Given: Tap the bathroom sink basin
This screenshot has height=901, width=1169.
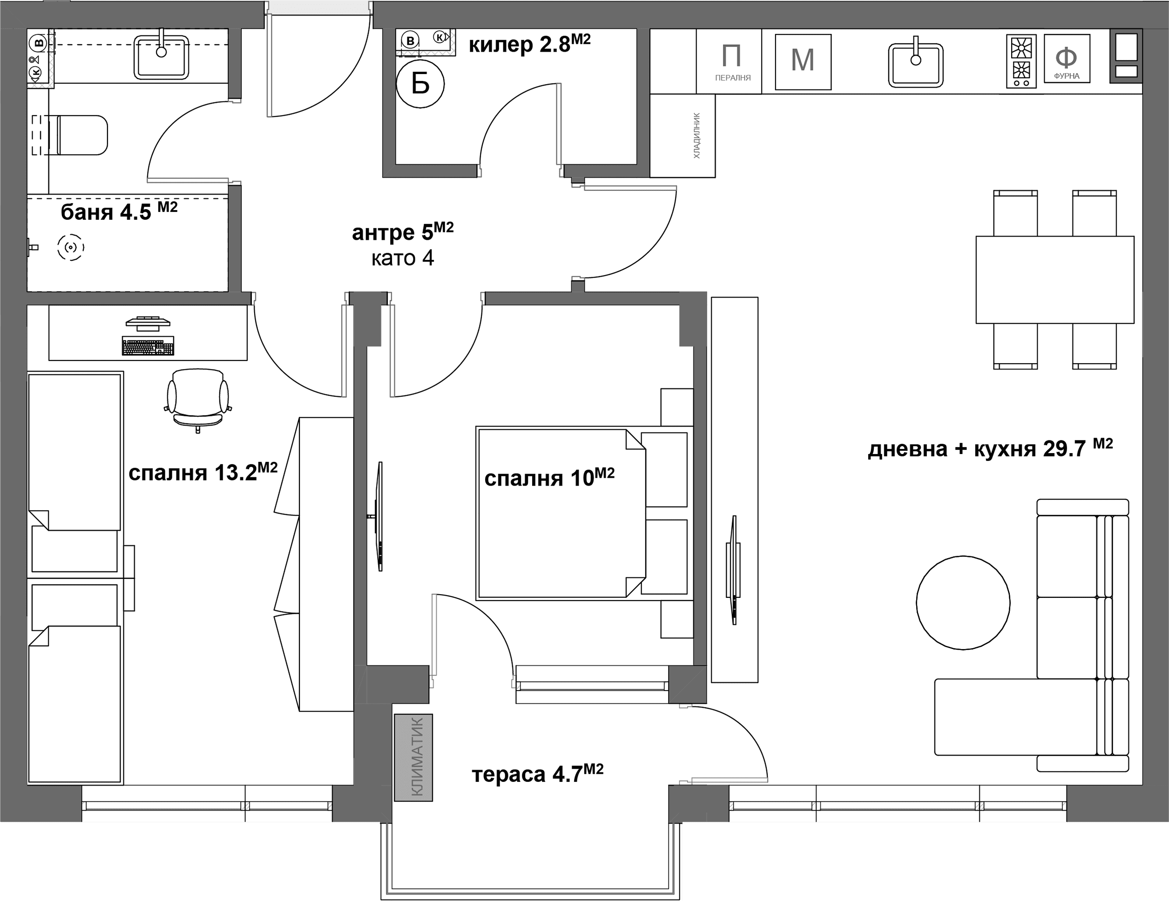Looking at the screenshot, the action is coord(161,57).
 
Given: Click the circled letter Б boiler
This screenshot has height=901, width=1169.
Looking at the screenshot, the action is coord(420,84).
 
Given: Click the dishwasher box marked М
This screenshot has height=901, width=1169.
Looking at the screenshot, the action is coord(803,62).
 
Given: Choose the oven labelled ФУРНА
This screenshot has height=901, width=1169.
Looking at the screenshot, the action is coord(1067,59).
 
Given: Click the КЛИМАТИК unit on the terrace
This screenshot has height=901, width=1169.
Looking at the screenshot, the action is coord(413,758).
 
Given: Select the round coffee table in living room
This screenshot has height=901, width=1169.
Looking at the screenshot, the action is coord(963,603).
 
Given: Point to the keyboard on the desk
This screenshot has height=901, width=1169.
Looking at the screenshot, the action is coord(148,346).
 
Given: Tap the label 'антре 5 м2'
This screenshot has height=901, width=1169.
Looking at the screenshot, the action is coord(403,231).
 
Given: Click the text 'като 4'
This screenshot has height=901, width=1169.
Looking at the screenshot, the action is coord(403,258).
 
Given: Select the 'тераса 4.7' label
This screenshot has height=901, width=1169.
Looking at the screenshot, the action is coord(537,773).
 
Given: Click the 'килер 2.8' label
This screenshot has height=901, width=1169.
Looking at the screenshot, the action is coord(529,44).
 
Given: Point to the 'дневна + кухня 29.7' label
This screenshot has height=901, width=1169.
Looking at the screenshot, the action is coord(990,447).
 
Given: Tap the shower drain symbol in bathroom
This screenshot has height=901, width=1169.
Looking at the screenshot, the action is coord(71,247).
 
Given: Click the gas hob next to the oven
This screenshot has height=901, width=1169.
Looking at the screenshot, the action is coord(1021,61).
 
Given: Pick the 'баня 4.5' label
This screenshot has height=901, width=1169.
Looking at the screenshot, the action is coord(119,211).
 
